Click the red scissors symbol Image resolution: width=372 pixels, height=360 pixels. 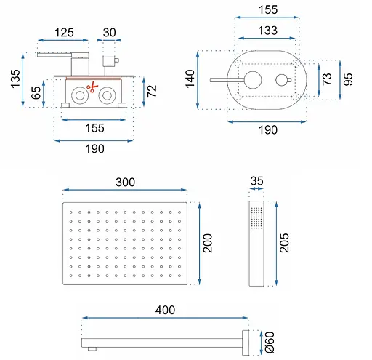pos(92,87)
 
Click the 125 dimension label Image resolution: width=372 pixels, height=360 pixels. pos(64,33)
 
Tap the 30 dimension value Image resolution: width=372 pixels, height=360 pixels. pos(109,33)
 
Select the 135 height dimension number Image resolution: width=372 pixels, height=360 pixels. pos(15,79)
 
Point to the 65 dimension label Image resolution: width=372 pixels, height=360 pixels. pos(36,93)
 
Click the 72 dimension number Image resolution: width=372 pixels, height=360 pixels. pos(152,91)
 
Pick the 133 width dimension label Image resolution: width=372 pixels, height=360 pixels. pos(267,31)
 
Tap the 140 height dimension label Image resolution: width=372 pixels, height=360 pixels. pos(190,79)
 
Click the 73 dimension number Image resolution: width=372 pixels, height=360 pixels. pos(327,79)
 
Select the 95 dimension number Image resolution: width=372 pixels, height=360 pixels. pos(348,79)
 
